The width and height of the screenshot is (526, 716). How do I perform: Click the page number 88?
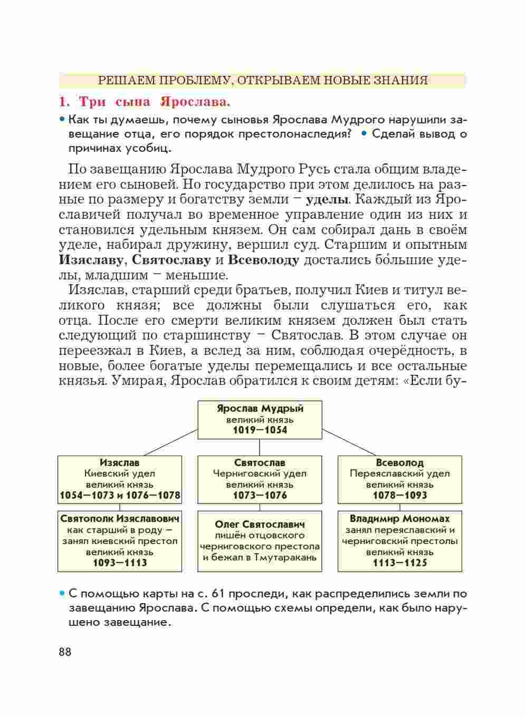pyautogui.click(x=65, y=652)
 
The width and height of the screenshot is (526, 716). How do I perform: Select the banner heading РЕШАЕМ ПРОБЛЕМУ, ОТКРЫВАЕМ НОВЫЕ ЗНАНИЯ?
pyautogui.click(x=263, y=80)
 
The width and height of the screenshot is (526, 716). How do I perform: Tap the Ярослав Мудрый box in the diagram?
pyautogui.click(x=260, y=420)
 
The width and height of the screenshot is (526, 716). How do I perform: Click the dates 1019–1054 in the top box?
pyautogui.click(x=260, y=430)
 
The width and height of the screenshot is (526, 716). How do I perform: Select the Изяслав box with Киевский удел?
pyautogui.click(x=120, y=479)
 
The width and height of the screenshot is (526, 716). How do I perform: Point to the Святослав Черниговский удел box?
pyautogui.click(x=260, y=479)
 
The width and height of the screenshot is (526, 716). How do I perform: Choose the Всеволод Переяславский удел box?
pyautogui.click(x=399, y=479)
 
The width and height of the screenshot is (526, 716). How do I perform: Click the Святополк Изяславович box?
pyautogui.click(x=120, y=540)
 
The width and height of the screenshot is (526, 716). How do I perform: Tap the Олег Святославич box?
pyautogui.click(x=260, y=540)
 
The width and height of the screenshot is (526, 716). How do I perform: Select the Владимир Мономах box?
pyautogui.click(x=399, y=540)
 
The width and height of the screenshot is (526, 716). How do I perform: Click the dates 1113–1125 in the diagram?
pyautogui.click(x=399, y=563)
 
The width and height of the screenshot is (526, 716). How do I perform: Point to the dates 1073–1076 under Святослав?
pyautogui.click(x=260, y=495)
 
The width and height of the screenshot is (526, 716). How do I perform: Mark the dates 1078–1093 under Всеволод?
pyautogui.click(x=399, y=495)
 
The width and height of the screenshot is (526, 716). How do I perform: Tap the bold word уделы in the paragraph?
pyautogui.click(x=327, y=200)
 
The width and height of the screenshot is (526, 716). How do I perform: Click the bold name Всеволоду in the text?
pyautogui.click(x=264, y=260)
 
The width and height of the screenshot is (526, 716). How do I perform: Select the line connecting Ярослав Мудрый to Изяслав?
pyautogui.click(x=170, y=442)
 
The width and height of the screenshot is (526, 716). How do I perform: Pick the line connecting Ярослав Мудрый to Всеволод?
pyautogui.click(x=349, y=442)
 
